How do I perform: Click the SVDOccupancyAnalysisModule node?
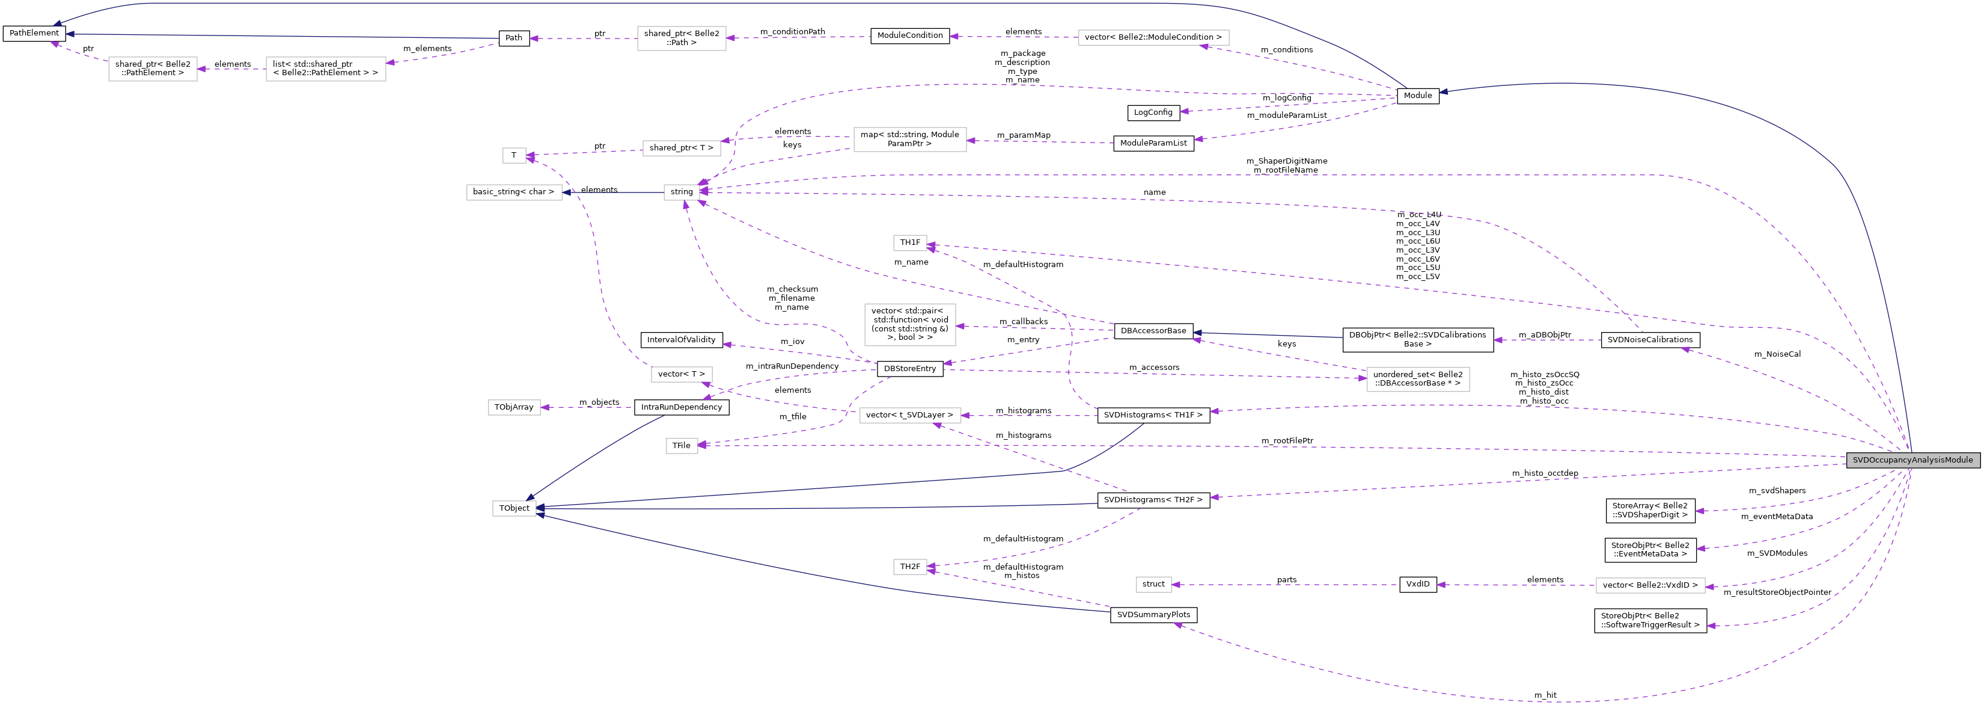click(x=1912, y=460)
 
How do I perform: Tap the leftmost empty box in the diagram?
click(x=153, y=69)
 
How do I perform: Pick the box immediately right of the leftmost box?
click(x=326, y=69)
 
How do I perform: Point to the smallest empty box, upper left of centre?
click(x=514, y=156)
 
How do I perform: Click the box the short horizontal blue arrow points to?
click(x=514, y=192)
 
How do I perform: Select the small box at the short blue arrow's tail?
click(x=681, y=192)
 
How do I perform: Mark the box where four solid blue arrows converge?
click(x=514, y=508)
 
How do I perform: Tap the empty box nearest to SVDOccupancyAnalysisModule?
click(x=1650, y=585)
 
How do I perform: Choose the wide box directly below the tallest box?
click(x=909, y=415)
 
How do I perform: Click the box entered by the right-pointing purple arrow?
click(x=1417, y=380)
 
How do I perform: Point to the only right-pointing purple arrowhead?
click(x=1362, y=378)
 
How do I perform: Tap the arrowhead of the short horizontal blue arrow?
click(x=567, y=192)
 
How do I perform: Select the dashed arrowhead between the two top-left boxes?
click(x=202, y=69)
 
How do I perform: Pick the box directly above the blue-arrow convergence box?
click(x=514, y=408)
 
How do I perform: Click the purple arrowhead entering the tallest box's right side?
click(x=961, y=327)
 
